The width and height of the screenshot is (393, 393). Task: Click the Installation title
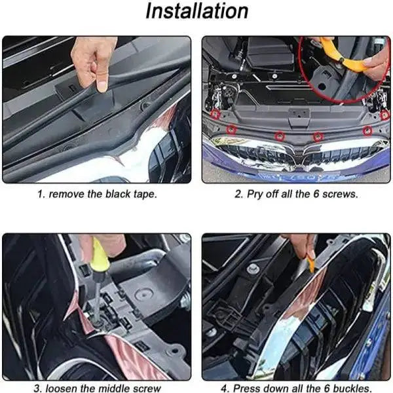coord(196,12)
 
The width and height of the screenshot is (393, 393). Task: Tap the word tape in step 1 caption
coord(144,195)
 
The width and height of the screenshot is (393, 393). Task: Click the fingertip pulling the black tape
coord(102,85)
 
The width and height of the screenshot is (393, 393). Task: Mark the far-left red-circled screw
coord(215,114)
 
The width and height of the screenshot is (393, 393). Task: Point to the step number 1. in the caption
coord(41,195)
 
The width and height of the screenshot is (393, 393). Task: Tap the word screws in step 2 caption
coord(341,195)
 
